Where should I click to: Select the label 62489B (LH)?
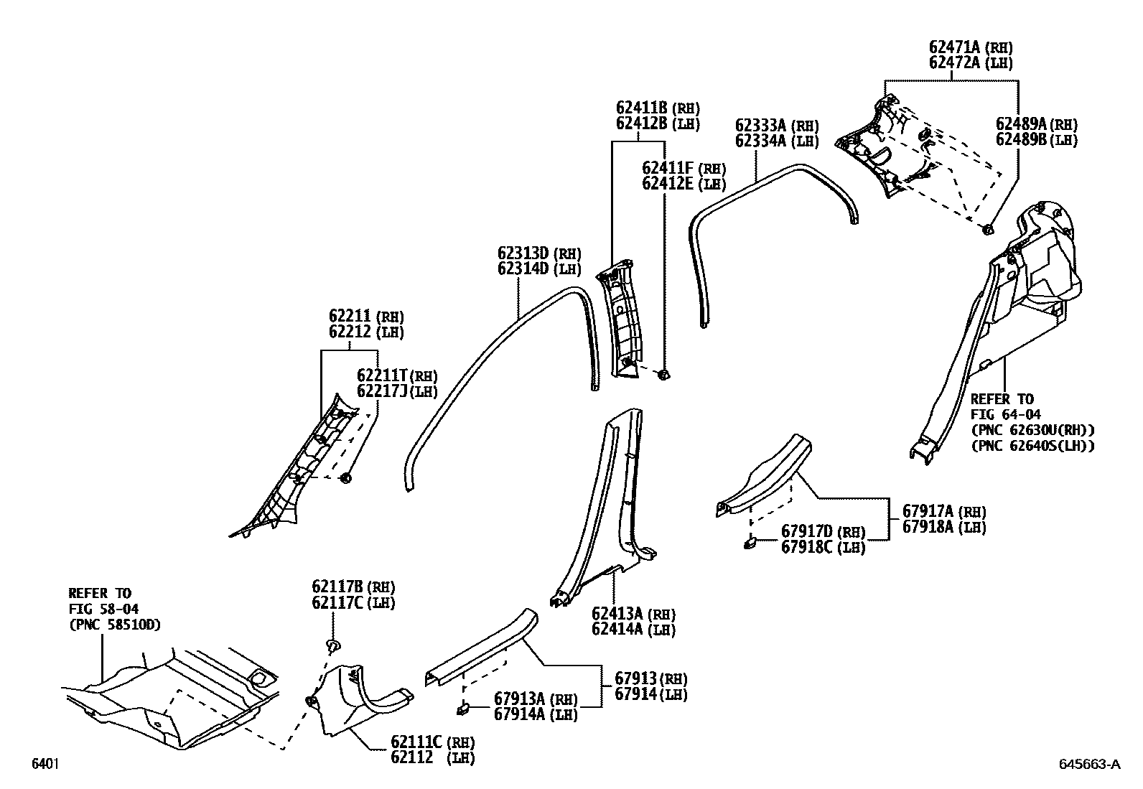[1036, 140]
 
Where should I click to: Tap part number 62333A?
[761, 125]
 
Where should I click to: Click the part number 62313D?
[523, 253]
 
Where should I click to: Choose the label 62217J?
[383, 391]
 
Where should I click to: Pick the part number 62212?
[349, 332]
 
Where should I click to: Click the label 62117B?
[337, 587]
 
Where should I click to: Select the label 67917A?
[928, 511]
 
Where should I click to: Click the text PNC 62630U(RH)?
[1032, 430]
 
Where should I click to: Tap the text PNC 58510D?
[115, 625]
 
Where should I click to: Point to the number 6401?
[44, 765]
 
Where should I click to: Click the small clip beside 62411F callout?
[663, 374]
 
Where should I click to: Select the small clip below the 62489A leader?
[987, 229]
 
